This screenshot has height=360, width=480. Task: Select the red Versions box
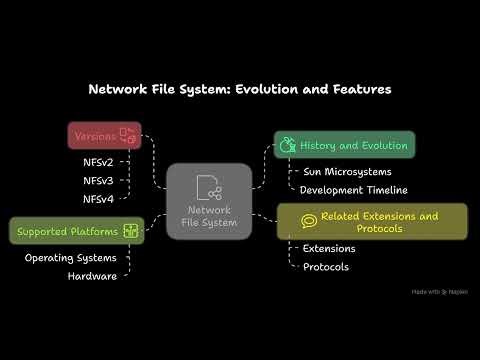(x=103, y=135)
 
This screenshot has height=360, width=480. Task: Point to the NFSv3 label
(x=98, y=180)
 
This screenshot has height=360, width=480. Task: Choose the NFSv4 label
(x=98, y=200)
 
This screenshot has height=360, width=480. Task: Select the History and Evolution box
(x=344, y=145)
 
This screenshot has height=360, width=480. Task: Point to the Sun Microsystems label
(x=346, y=171)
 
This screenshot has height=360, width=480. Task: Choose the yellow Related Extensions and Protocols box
(x=372, y=222)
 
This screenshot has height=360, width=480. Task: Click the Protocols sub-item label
(x=327, y=266)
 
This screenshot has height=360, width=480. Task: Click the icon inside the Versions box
(x=127, y=135)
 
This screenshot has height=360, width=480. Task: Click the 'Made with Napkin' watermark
(x=439, y=292)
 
